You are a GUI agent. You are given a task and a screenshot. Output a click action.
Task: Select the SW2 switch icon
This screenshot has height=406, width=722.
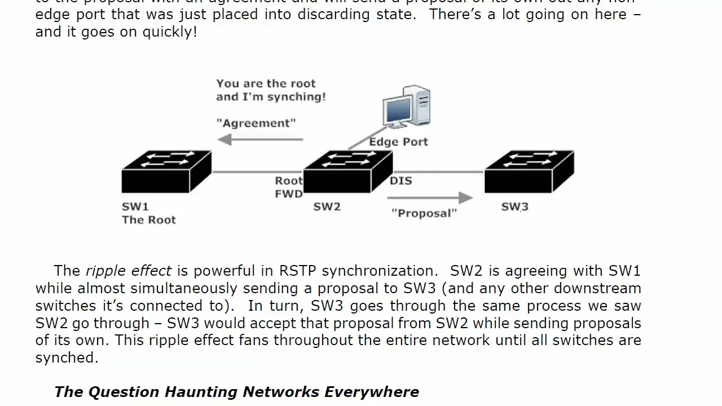pyautogui.click(x=347, y=171)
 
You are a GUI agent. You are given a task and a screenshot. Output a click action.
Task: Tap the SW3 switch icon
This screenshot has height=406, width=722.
pyautogui.click(x=529, y=171)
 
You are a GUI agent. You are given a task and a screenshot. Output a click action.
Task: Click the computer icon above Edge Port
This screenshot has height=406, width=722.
pyautogui.click(x=407, y=108)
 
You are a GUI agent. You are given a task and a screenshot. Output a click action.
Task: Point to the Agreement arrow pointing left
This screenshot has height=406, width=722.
pyautogui.click(x=260, y=139)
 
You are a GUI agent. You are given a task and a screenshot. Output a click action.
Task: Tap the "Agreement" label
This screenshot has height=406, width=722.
pyautogui.click(x=256, y=123)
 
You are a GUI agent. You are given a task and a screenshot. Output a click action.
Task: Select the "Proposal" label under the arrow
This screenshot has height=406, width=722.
pyautogui.click(x=424, y=213)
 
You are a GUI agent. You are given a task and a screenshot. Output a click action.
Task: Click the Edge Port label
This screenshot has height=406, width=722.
pyautogui.click(x=398, y=142)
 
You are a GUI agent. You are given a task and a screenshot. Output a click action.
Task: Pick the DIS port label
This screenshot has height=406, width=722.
pyautogui.click(x=401, y=181)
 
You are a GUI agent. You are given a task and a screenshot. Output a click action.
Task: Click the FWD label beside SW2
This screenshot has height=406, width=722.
pyautogui.click(x=289, y=194)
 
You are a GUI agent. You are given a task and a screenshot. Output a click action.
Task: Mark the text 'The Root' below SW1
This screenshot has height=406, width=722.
pyautogui.click(x=149, y=220)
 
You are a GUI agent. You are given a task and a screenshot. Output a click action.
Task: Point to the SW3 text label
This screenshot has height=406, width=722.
pyautogui.click(x=514, y=207)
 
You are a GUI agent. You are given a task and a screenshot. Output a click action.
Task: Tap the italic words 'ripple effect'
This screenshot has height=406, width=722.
pyautogui.click(x=128, y=271)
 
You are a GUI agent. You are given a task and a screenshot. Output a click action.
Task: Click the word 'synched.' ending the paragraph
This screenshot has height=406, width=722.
pyautogui.click(x=67, y=358)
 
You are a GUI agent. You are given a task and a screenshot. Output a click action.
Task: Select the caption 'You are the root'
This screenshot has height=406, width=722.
pyautogui.click(x=266, y=83)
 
